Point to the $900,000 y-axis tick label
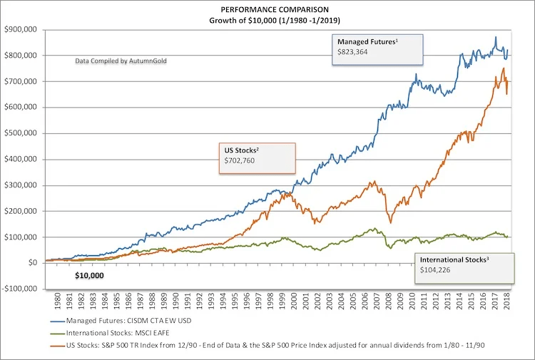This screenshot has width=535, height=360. (21, 30)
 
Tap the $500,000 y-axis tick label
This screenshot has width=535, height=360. (21, 133)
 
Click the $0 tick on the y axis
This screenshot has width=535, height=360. (31, 263)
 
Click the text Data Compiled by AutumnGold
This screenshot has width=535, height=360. (119, 62)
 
